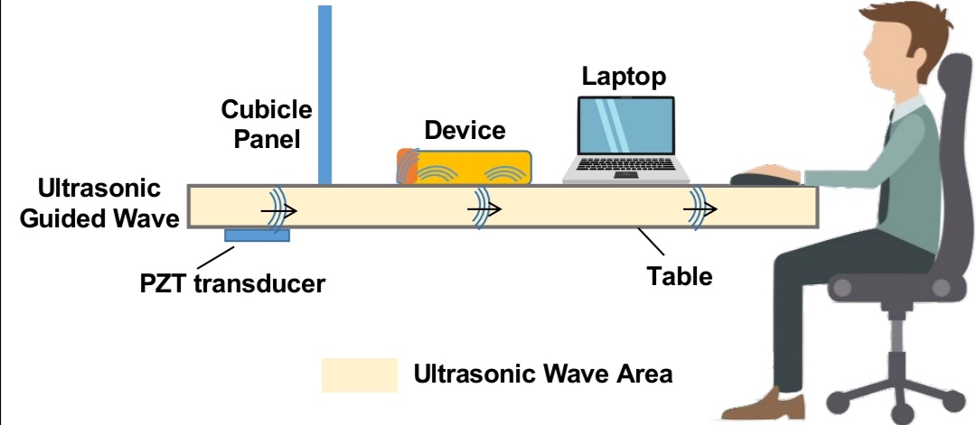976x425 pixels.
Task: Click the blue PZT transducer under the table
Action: coord(257,236)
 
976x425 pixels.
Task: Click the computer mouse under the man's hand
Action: coord(755,179)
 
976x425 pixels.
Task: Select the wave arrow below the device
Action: coord(483,211)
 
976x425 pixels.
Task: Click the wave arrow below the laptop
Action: coord(699,210)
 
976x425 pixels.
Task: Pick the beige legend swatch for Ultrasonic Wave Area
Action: coord(360,374)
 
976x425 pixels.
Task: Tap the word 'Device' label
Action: coord(465,131)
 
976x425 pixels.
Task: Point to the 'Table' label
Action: coord(680,276)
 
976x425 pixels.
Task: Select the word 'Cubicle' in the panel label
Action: coord(267,110)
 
